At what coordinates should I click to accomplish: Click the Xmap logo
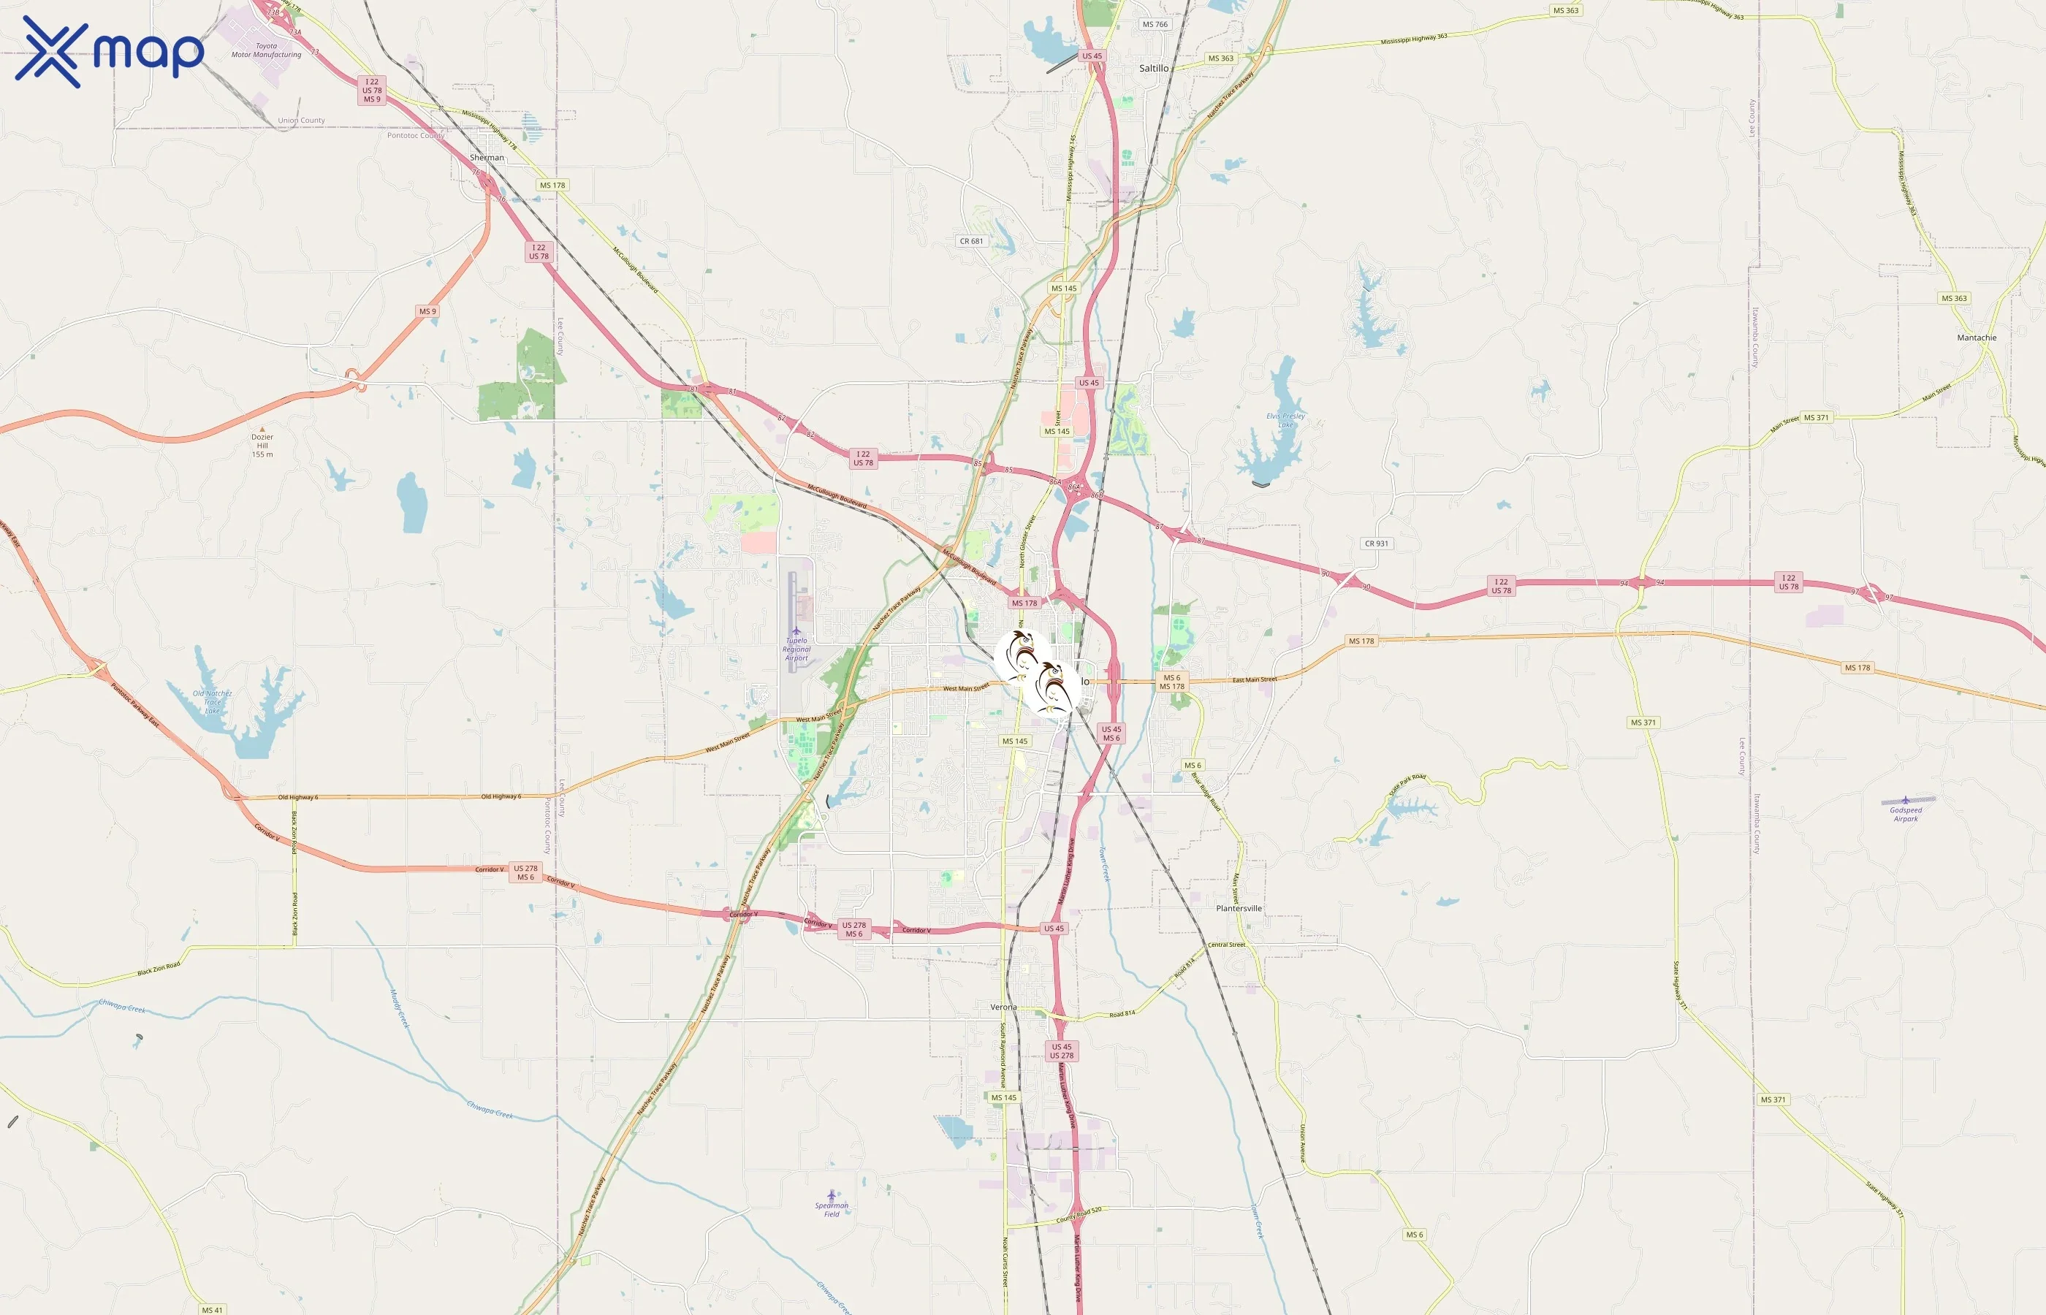point(110,51)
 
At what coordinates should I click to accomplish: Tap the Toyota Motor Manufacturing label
point(267,50)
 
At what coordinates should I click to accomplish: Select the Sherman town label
point(487,157)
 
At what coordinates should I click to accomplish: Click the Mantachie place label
point(1976,338)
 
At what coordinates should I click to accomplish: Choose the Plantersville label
point(1238,909)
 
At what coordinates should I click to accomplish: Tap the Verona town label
point(1003,1007)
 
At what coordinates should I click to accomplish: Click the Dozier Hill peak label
point(262,444)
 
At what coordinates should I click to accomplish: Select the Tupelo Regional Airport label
point(796,649)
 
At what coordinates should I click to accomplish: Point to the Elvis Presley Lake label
point(1285,420)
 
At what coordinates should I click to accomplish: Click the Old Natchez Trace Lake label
point(212,702)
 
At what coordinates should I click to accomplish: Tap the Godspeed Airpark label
point(1905,814)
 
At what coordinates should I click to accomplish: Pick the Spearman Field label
point(831,1209)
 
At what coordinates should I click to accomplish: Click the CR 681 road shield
point(971,241)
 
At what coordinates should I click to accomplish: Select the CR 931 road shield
point(1376,543)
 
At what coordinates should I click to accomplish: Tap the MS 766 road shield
point(1155,24)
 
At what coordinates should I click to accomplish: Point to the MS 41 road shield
point(212,1310)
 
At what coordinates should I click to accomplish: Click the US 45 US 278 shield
point(1062,1051)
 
